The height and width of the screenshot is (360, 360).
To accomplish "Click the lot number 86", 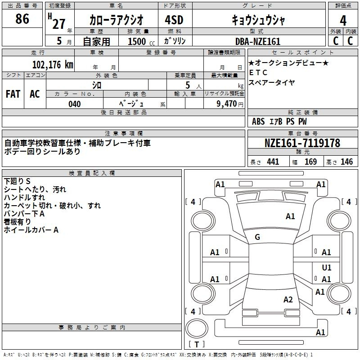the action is pyautogui.click(x=22, y=18).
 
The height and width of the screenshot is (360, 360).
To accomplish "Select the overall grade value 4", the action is pyautogui.click(x=343, y=20).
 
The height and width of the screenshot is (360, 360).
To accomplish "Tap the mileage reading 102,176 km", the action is pyautogui.click(x=53, y=64).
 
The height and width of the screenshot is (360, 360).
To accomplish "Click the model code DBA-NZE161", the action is pyautogui.click(x=258, y=41).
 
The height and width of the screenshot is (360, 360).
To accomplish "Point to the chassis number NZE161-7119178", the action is pyautogui.click(x=302, y=143).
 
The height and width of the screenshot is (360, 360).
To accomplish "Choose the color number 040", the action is pyautogui.click(x=75, y=104).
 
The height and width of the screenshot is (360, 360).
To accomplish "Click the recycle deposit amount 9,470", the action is pyautogui.click(x=227, y=103).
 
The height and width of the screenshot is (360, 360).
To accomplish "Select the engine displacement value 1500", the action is pyautogui.click(x=137, y=41).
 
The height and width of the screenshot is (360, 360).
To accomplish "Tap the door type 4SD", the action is pyautogui.click(x=174, y=20).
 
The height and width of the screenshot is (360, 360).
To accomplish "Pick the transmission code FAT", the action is pyautogui.click(x=13, y=94).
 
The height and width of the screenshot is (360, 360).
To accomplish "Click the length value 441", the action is pyautogui.click(x=273, y=162).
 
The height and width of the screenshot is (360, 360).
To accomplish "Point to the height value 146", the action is pyautogui.click(x=346, y=162).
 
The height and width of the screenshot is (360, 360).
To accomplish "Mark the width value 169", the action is pyautogui.click(x=310, y=162).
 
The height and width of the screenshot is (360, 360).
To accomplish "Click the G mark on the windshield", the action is pyautogui.click(x=257, y=237).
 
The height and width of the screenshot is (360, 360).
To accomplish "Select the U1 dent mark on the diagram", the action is pyautogui.click(x=327, y=267).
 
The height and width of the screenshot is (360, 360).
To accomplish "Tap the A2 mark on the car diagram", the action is pyautogui.click(x=288, y=299).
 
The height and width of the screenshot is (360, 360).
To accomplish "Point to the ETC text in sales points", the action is pyautogui.click(x=258, y=72).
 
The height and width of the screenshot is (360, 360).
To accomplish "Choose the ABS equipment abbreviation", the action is pyautogui.click(x=258, y=121).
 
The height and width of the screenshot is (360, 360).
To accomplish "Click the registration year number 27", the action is pyautogui.click(x=59, y=24).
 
